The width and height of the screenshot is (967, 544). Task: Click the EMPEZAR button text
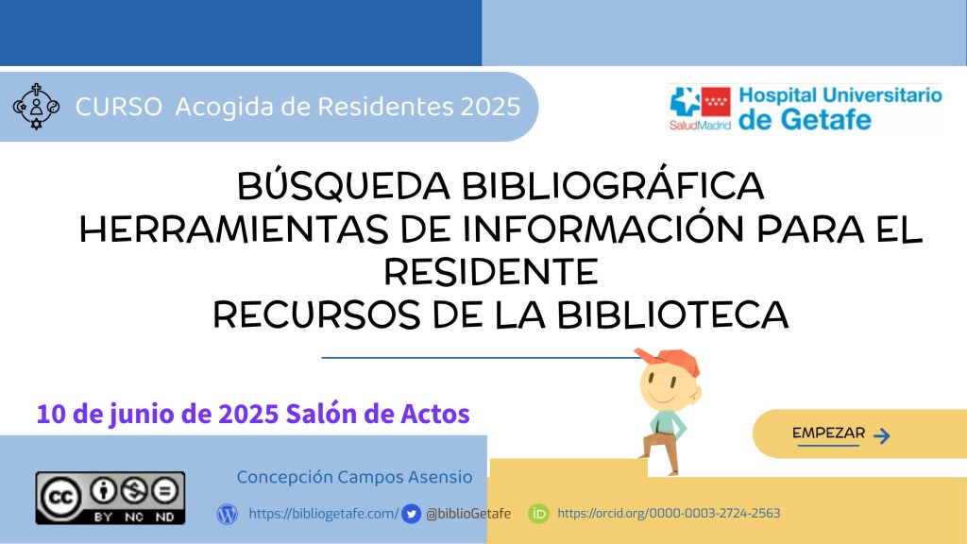click(828, 433)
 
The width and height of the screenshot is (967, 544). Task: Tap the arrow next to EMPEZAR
click(882, 435)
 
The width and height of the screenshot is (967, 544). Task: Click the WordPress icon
click(227, 514)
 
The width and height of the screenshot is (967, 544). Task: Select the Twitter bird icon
click(412, 514)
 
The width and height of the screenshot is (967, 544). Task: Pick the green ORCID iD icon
click(538, 514)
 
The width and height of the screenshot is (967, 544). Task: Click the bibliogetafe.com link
click(324, 513)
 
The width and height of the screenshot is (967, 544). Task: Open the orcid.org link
click(669, 513)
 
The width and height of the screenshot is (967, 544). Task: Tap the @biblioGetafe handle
click(468, 513)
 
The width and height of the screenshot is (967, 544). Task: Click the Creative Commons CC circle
click(60, 497)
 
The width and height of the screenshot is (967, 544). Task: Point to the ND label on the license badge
click(164, 517)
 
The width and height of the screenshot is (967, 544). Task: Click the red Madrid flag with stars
click(716, 102)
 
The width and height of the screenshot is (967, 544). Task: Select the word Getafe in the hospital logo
click(825, 119)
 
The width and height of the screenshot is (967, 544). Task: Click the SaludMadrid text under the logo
click(700, 126)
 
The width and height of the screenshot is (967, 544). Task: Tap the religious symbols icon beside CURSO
click(37, 107)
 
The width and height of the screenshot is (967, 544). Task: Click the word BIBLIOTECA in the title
click(672, 315)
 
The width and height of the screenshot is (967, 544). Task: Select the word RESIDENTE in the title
click(491, 272)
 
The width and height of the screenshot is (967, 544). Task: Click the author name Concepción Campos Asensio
click(355, 477)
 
